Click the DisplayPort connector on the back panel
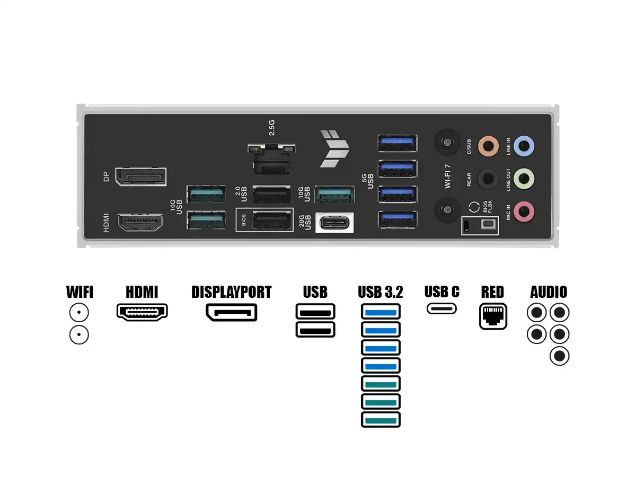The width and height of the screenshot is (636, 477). coord(141,176)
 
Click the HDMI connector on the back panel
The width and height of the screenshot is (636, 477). coord(140,223)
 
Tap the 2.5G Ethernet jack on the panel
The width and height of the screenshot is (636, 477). coord(271,159)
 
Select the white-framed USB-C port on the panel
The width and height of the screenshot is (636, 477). coord(334,223)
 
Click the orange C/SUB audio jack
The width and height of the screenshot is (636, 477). coord(488,146)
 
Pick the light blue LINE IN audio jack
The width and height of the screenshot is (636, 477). coord(524,146)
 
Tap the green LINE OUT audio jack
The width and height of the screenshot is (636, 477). coord(524,179)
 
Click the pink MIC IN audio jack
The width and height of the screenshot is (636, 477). coord(524,212)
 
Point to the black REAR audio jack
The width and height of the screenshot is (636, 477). coord(488,179)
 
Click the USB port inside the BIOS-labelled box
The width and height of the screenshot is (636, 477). coord(272,220)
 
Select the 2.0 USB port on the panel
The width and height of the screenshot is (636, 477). coord(272,195)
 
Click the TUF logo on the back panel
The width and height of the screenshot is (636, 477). coord(334,148)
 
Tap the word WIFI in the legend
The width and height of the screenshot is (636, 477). coord(79,291)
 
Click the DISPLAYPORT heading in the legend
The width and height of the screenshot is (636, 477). coord(232,291)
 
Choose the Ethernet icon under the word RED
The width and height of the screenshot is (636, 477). coord(493,316)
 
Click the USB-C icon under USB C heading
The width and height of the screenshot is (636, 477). coord(441,308)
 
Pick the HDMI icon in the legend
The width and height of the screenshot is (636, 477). coord(142,312)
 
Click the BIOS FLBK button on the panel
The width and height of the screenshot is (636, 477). coord(490,224)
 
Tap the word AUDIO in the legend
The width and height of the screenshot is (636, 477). coord(549,291)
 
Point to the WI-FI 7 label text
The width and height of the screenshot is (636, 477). coord(448,176)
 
